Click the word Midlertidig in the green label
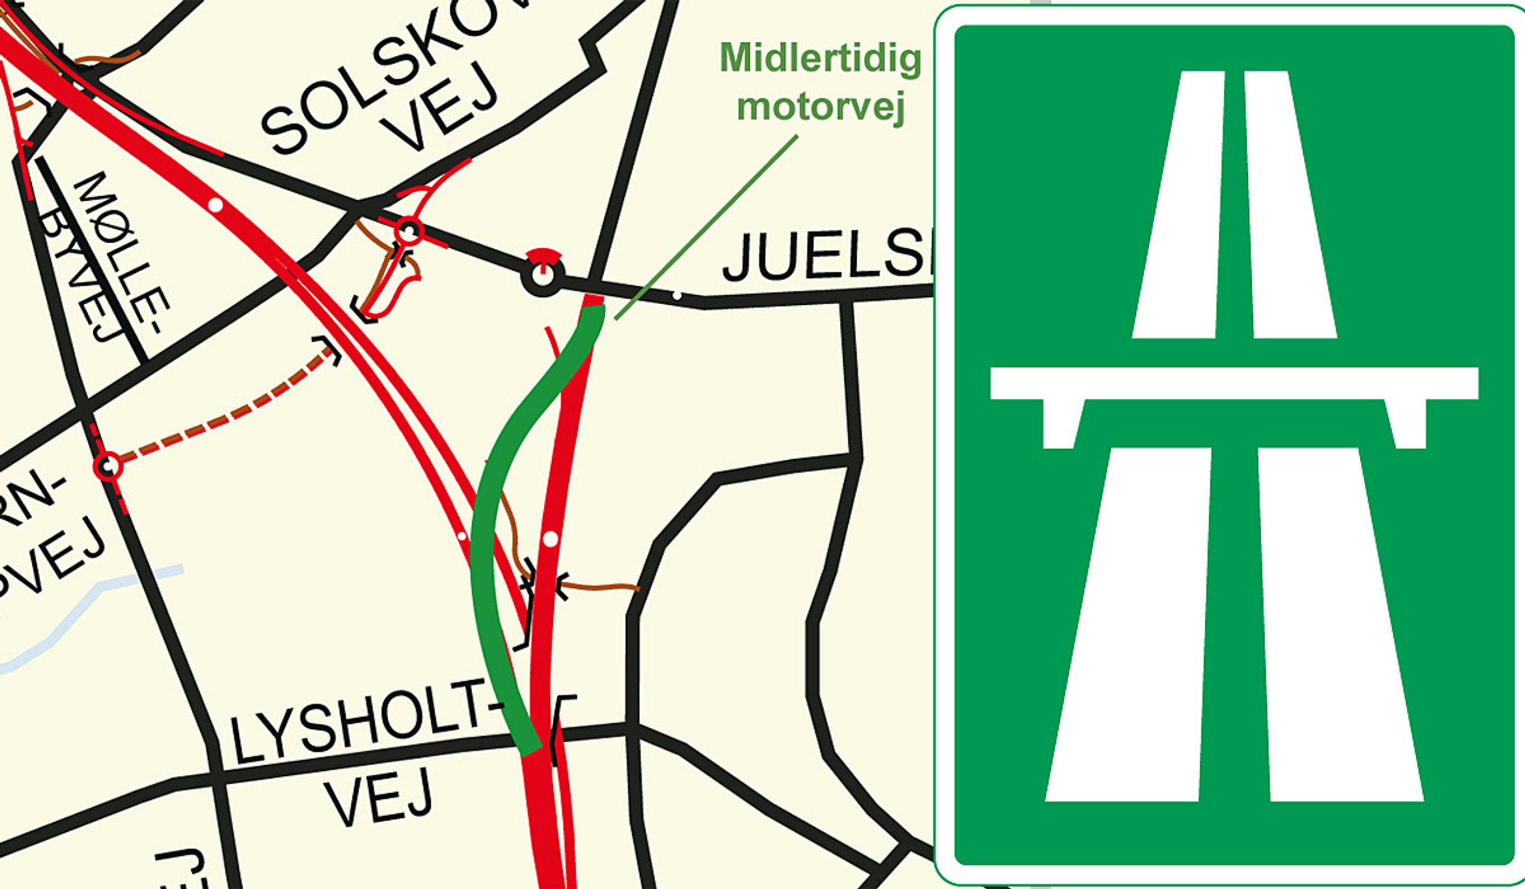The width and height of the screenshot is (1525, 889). (x=820, y=59)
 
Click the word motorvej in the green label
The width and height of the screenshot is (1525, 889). (x=820, y=107)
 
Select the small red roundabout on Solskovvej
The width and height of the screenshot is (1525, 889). (x=409, y=230)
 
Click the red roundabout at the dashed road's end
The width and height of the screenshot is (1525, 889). (x=108, y=466)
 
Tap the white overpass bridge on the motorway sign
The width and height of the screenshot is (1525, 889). (x=1235, y=384)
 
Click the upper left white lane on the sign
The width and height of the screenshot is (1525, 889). (x=1177, y=206)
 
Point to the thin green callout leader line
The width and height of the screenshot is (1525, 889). (x=705, y=227)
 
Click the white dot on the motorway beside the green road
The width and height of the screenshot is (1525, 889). (x=549, y=538)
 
